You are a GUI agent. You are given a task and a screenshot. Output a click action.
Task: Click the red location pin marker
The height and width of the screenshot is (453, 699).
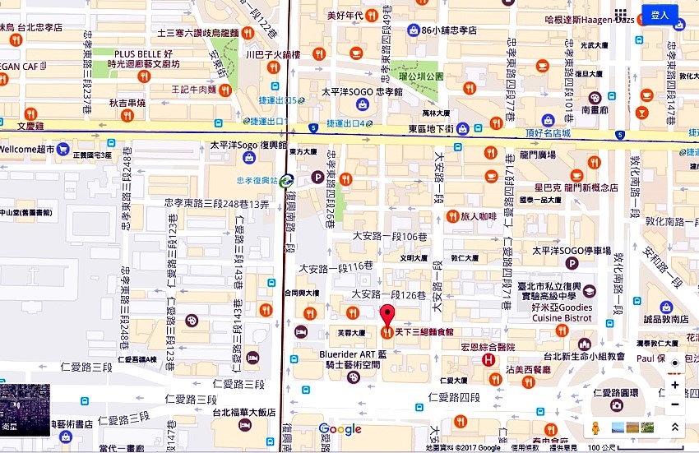click(387, 315)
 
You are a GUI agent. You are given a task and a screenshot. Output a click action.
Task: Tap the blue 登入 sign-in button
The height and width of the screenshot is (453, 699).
click(660, 15)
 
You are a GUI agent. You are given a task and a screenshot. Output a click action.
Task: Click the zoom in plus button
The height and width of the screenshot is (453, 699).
click(675, 385)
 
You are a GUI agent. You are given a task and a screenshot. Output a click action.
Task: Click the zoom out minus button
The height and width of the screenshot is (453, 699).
click(675, 404)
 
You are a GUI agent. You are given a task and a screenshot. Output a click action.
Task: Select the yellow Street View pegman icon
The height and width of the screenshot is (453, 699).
click(595, 428)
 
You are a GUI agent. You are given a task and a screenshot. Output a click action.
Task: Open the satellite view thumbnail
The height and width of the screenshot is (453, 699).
click(25, 410)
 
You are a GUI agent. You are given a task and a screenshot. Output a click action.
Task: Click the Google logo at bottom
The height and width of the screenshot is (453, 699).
click(340, 429)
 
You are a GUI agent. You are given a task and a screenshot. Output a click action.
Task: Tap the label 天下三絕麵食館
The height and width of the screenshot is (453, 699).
click(424, 332)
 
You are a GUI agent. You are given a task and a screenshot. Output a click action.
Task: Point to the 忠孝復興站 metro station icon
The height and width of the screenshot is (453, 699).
click(285, 181)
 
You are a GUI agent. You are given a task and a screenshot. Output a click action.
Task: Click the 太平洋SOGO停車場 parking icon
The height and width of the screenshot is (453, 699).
click(572, 263)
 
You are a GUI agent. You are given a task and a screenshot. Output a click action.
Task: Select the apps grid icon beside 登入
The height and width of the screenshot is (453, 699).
click(621, 15)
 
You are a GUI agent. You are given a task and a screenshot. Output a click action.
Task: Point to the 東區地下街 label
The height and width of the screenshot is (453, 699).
click(431, 128)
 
